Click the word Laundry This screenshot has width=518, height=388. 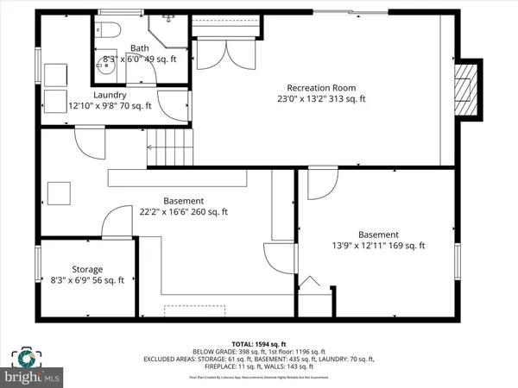[110, 95]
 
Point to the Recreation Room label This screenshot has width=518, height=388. [326, 86]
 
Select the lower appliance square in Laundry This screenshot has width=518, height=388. [54, 97]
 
